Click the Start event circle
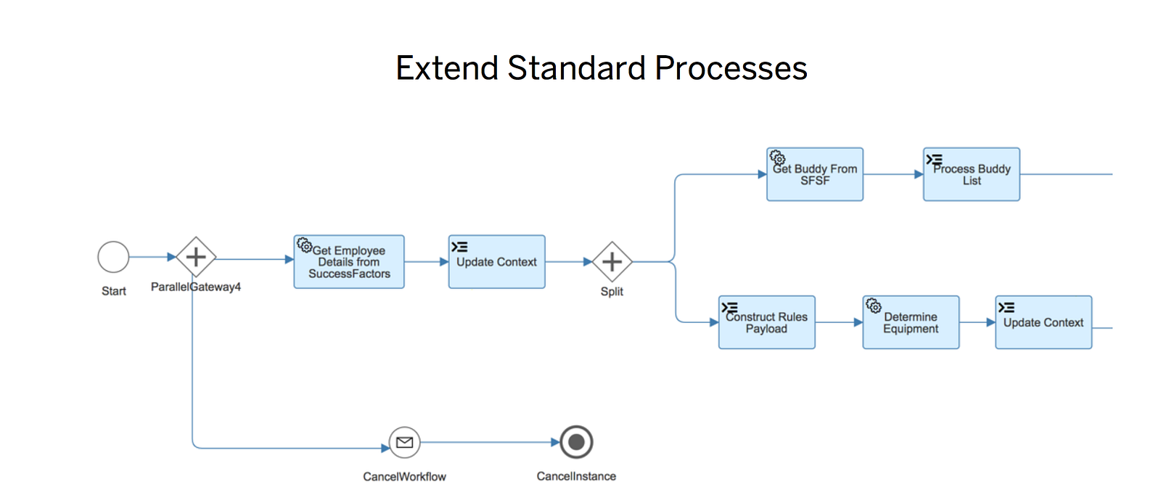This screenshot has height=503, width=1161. tap(113, 257)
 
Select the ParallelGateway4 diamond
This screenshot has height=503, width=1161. tap(196, 257)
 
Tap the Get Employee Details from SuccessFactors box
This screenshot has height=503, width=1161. tap(349, 262)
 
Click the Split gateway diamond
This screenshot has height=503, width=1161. tap(612, 262)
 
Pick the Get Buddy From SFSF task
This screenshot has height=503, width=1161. tap(815, 175)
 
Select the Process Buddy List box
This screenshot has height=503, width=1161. tap(971, 175)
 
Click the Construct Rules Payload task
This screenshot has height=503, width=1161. tap(766, 322)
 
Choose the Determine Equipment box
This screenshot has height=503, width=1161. tap(911, 322)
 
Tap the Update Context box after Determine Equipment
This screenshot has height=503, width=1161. tap(1043, 322)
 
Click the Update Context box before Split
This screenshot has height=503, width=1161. tap(496, 262)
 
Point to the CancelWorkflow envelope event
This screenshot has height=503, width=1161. tap(404, 442)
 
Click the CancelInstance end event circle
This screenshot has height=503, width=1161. tap(576, 442)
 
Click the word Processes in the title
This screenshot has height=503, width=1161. tap(731, 68)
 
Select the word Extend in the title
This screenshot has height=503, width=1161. tap(447, 68)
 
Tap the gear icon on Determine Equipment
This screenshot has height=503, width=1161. tap(874, 306)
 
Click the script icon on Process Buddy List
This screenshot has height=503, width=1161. tap(934, 159)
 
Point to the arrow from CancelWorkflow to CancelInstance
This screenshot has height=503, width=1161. tap(486, 442)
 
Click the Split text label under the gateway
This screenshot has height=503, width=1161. tap(612, 291)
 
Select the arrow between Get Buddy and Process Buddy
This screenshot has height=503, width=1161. tap(893, 174)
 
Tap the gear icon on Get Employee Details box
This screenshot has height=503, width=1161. tap(305, 245)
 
